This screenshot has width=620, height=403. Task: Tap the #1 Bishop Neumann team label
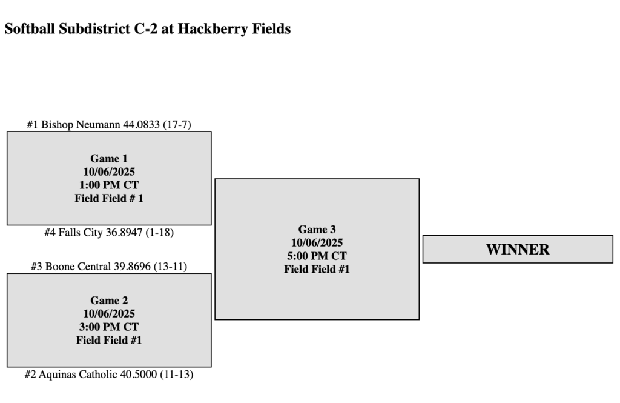pyautogui.click(x=109, y=125)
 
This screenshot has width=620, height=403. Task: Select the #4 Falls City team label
pyautogui.click(x=109, y=233)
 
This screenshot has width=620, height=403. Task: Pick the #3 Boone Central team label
pyautogui.click(x=109, y=267)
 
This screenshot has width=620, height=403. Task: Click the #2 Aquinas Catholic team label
pyautogui.click(x=109, y=375)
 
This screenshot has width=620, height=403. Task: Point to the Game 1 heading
pyautogui.click(x=109, y=159)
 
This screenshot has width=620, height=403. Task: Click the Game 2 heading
pyautogui.click(x=109, y=301)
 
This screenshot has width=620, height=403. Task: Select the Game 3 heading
pyautogui.click(x=317, y=230)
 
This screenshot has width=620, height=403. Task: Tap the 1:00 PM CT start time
pyautogui.click(x=109, y=185)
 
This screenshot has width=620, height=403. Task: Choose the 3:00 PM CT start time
pyautogui.click(x=109, y=327)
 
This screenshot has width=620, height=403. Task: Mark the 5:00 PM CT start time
pyautogui.click(x=317, y=256)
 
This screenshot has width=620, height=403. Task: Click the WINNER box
pyautogui.click(x=518, y=249)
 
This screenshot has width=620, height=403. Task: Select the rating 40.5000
pyautogui.click(x=138, y=375)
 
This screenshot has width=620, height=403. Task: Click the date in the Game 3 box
pyautogui.click(x=317, y=243)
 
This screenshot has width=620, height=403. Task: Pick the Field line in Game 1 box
pyautogui.click(x=109, y=198)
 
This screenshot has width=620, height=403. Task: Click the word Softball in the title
pyautogui.click(x=30, y=29)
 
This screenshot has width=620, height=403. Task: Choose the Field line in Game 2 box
pyautogui.click(x=109, y=340)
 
